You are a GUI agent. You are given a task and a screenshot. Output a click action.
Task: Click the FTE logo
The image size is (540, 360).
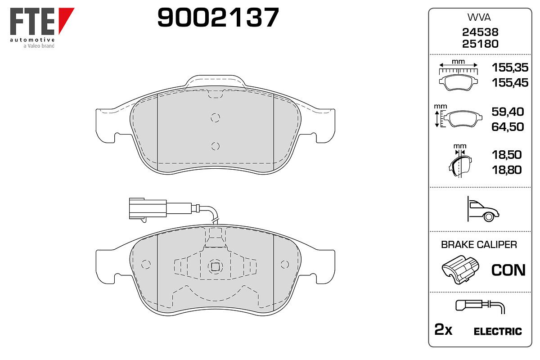pos(42,27)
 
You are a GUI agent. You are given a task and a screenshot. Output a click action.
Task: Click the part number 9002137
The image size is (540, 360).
pos(218,18)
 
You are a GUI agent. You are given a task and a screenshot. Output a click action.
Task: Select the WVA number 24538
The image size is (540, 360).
pos(480,32)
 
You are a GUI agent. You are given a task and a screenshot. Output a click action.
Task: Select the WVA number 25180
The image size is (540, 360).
pos(480,44)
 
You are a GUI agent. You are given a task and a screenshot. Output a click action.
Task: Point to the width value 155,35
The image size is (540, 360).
pos(510,67)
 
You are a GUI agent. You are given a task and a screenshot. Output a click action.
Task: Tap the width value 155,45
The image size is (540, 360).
pos(510,83)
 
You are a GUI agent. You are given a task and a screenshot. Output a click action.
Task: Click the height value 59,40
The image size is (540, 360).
pos(508,112)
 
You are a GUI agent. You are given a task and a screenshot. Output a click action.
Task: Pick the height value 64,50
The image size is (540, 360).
pos(508,127)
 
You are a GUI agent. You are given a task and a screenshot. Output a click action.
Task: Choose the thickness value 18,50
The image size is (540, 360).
pos(507,155)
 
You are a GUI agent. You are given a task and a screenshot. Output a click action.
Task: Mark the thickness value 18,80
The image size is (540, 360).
pos(507,170)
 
